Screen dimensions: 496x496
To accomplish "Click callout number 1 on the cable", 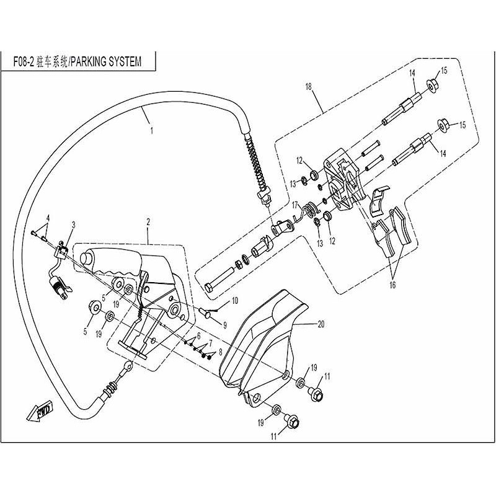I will click(151, 131).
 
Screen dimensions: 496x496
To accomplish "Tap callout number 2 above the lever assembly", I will click(149, 222).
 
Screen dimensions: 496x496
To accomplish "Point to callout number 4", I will click(48, 217).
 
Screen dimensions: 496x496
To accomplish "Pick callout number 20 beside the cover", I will click(321, 324).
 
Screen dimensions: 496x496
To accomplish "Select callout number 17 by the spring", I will click(296, 204).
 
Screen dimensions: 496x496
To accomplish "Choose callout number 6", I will click(198, 335).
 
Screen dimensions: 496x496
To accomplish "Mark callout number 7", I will click(210, 342).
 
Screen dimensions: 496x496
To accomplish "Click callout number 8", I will click(220, 352).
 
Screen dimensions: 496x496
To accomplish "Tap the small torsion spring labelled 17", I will click(304, 212).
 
